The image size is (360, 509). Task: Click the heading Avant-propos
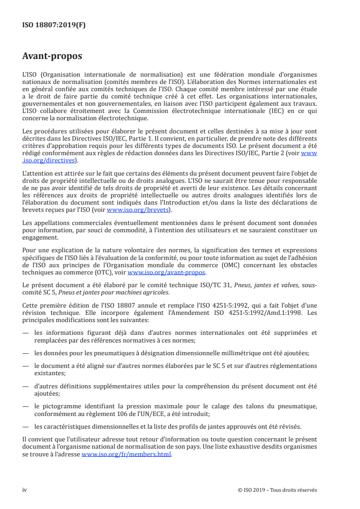click(52, 56)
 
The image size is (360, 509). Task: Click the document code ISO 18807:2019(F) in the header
click(54, 25)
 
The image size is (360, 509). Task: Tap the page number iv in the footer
click(25, 490)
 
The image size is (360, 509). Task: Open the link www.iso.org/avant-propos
click(167, 273)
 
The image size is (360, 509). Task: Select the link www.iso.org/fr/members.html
click(127, 455)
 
